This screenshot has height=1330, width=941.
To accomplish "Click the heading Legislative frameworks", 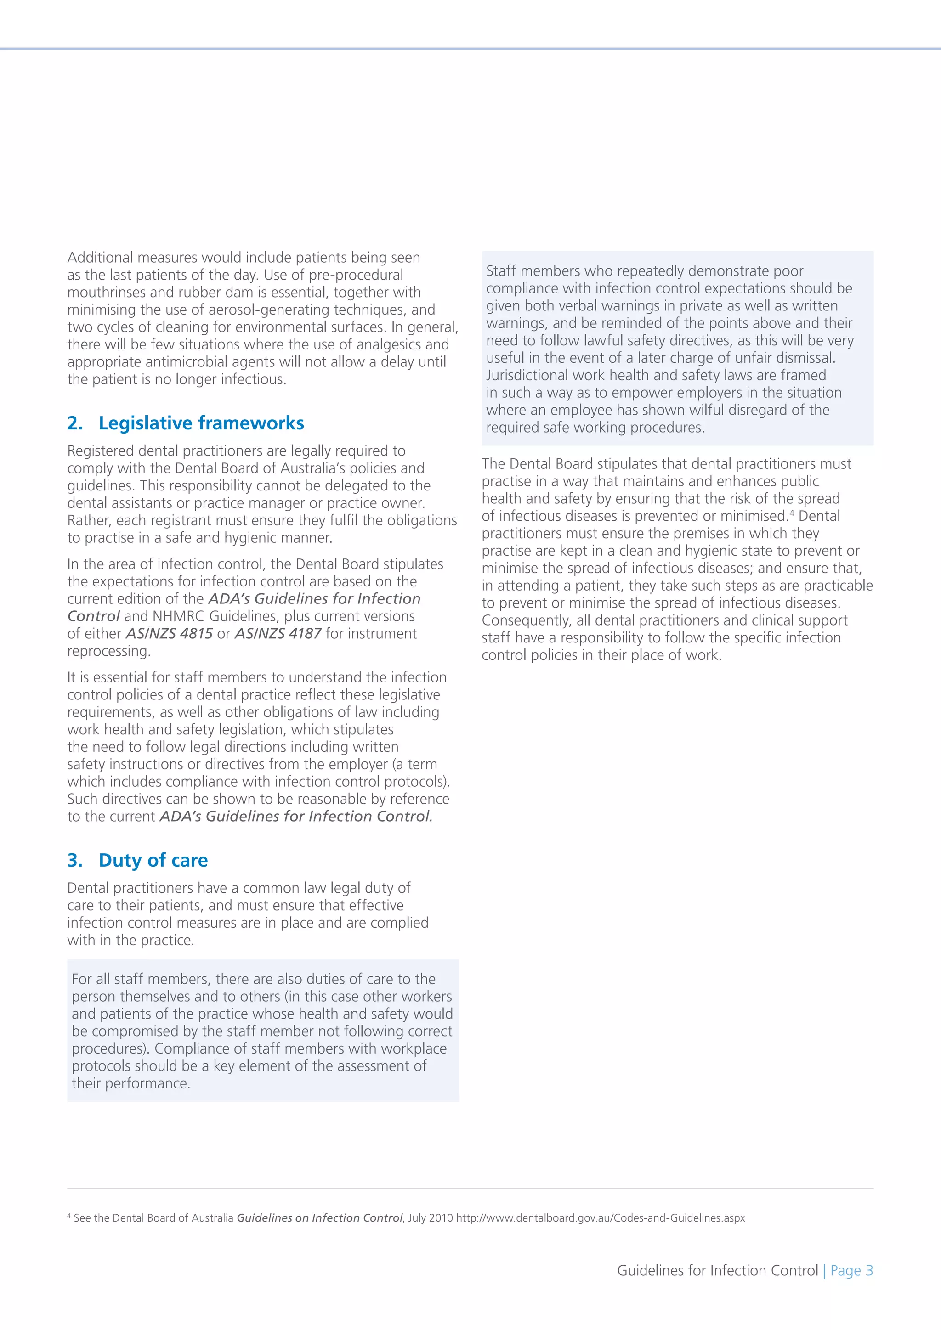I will (x=201, y=423).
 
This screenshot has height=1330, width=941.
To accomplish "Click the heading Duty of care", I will (x=153, y=861).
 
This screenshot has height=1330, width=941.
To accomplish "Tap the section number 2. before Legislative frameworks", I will (x=75, y=423).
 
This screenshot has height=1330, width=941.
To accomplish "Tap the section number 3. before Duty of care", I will (x=75, y=861).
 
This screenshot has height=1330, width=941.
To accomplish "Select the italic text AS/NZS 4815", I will (x=169, y=634).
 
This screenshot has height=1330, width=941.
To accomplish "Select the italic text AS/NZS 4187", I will (x=278, y=634).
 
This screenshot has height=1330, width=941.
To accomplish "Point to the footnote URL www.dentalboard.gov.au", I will (x=600, y=1218).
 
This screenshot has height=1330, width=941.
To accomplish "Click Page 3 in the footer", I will (x=851, y=1271).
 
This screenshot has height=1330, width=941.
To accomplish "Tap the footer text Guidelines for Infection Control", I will (x=717, y=1271).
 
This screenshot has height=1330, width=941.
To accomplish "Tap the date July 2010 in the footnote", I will (x=431, y=1218).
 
